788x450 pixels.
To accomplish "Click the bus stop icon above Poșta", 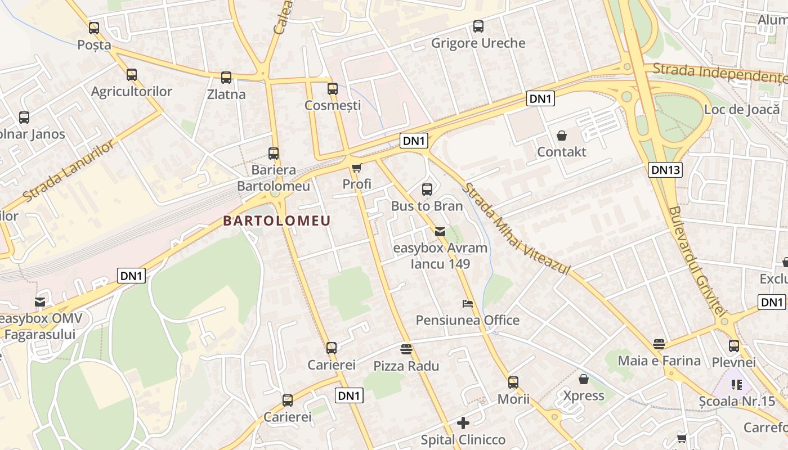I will (94, 28).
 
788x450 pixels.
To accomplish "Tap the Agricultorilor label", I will (132, 92).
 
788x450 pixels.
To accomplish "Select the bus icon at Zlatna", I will (226, 78).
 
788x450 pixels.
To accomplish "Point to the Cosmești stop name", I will (333, 105).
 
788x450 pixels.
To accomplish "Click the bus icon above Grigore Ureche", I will (478, 26).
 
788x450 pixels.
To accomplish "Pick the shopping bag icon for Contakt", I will (562, 136).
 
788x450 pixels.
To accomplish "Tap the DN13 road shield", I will (665, 170).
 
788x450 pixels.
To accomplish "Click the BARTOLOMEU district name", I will (277, 220).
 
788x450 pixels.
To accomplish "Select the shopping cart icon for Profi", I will (356, 168).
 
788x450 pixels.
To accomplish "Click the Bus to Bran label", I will (427, 206).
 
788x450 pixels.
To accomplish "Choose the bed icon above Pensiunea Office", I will (468, 304).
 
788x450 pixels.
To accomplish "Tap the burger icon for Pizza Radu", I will (406, 349).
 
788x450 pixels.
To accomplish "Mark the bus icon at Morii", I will (513, 382).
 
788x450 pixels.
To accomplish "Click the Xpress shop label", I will (584, 396).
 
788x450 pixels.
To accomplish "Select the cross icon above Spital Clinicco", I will (463, 422).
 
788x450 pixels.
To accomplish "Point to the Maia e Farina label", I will (659, 361).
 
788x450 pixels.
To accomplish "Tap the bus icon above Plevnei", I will (734, 346).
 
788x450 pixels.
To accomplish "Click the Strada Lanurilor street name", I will (70, 170).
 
